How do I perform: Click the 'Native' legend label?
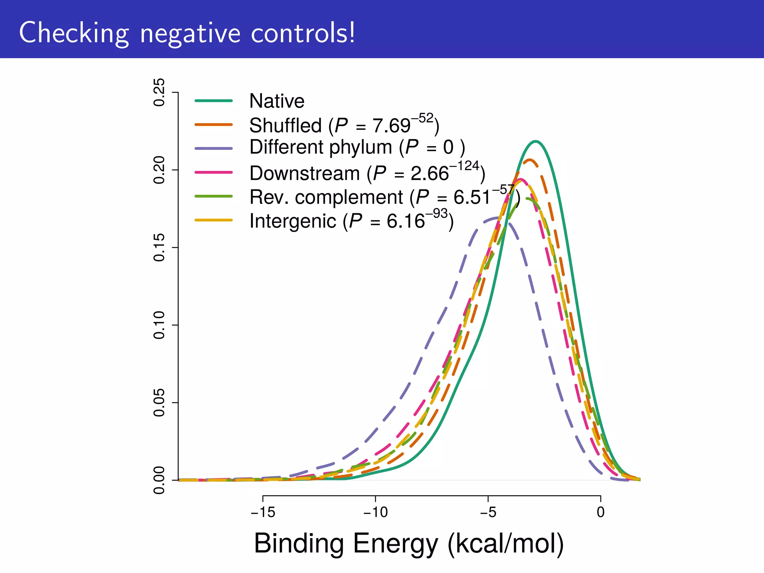pos(277,101)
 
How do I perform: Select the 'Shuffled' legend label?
pos(285,125)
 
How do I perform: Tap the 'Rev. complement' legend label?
pos(326,197)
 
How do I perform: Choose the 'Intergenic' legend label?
pos(293,221)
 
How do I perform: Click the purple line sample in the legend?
pos(214,148)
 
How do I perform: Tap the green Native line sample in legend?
pos(214,101)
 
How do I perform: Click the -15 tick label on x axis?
pos(263,513)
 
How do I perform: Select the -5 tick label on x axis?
pos(488,513)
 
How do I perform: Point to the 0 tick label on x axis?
pos(600,513)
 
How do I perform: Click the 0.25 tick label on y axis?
pos(159,92)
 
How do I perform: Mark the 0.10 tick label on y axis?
pos(159,325)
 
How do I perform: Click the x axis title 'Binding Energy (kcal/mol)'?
pos(409,544)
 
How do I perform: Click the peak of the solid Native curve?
pos(536,141)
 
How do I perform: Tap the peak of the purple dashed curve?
pos(496,217)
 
